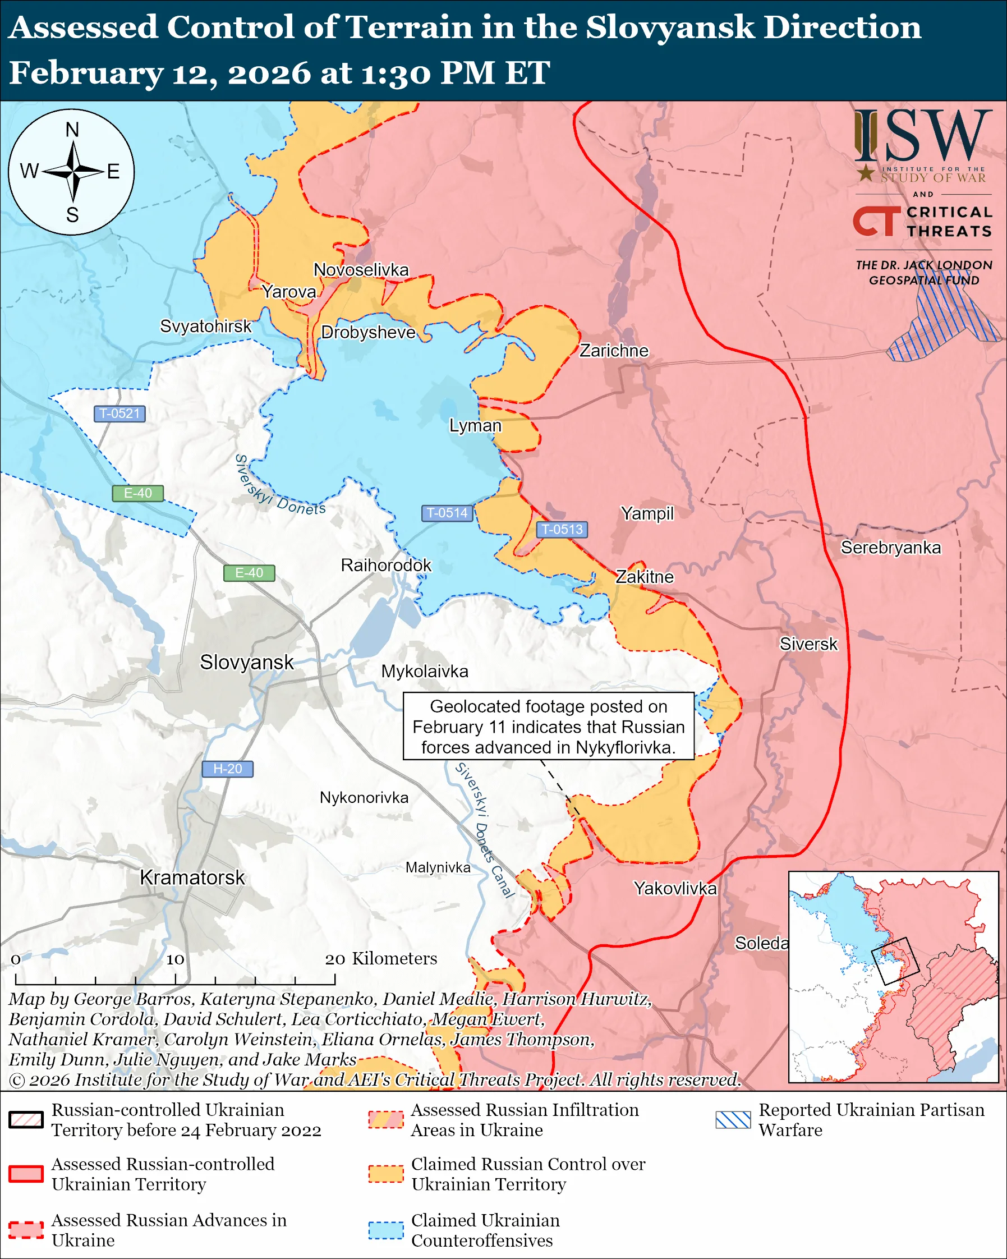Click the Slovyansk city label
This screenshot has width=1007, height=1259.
pyautogui.click(x=246, y=662)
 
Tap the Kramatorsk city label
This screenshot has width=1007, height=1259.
pyautogui.click(x=192, y=877)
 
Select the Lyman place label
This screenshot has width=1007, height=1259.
pyautogui.click(x=475, y=426)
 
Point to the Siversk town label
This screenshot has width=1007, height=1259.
pyautogui.click(x=808, y=644)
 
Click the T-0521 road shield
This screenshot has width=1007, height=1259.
pyautogui.click(x=119, y=413)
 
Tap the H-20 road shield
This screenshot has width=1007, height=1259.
pyautogui.click(x=227, y=769)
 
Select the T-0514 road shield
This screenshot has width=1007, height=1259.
pyautogui.click(x=447, y=513)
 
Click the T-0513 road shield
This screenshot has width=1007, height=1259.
pyautogui.click(x=562, y=529)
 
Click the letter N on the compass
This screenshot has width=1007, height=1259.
pyautogui.click(x=72, y=130)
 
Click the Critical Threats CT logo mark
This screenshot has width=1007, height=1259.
pyautogui.click(x=876, y=221)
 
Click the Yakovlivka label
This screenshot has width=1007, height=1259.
pyautogui.click(x=675, y=889)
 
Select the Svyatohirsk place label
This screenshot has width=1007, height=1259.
pyautogui.click(x=205, y=326)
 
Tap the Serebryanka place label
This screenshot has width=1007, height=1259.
pyautogui.click(x=890, y=548)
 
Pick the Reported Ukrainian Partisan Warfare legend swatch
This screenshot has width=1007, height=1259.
pyautogui.click(x=733, y=1119)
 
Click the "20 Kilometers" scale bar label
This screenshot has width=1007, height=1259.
pyautogui.click(x=380, y=959)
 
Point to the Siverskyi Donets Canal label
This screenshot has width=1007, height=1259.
pyautogui.click(x=484, y=830)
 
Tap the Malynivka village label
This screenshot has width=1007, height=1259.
pyautogui.click(x=438, y=868)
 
